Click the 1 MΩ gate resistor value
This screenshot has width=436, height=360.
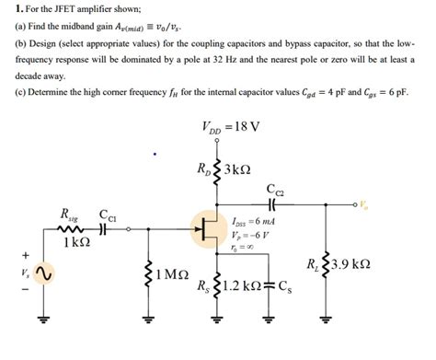(x=172, y=274)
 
